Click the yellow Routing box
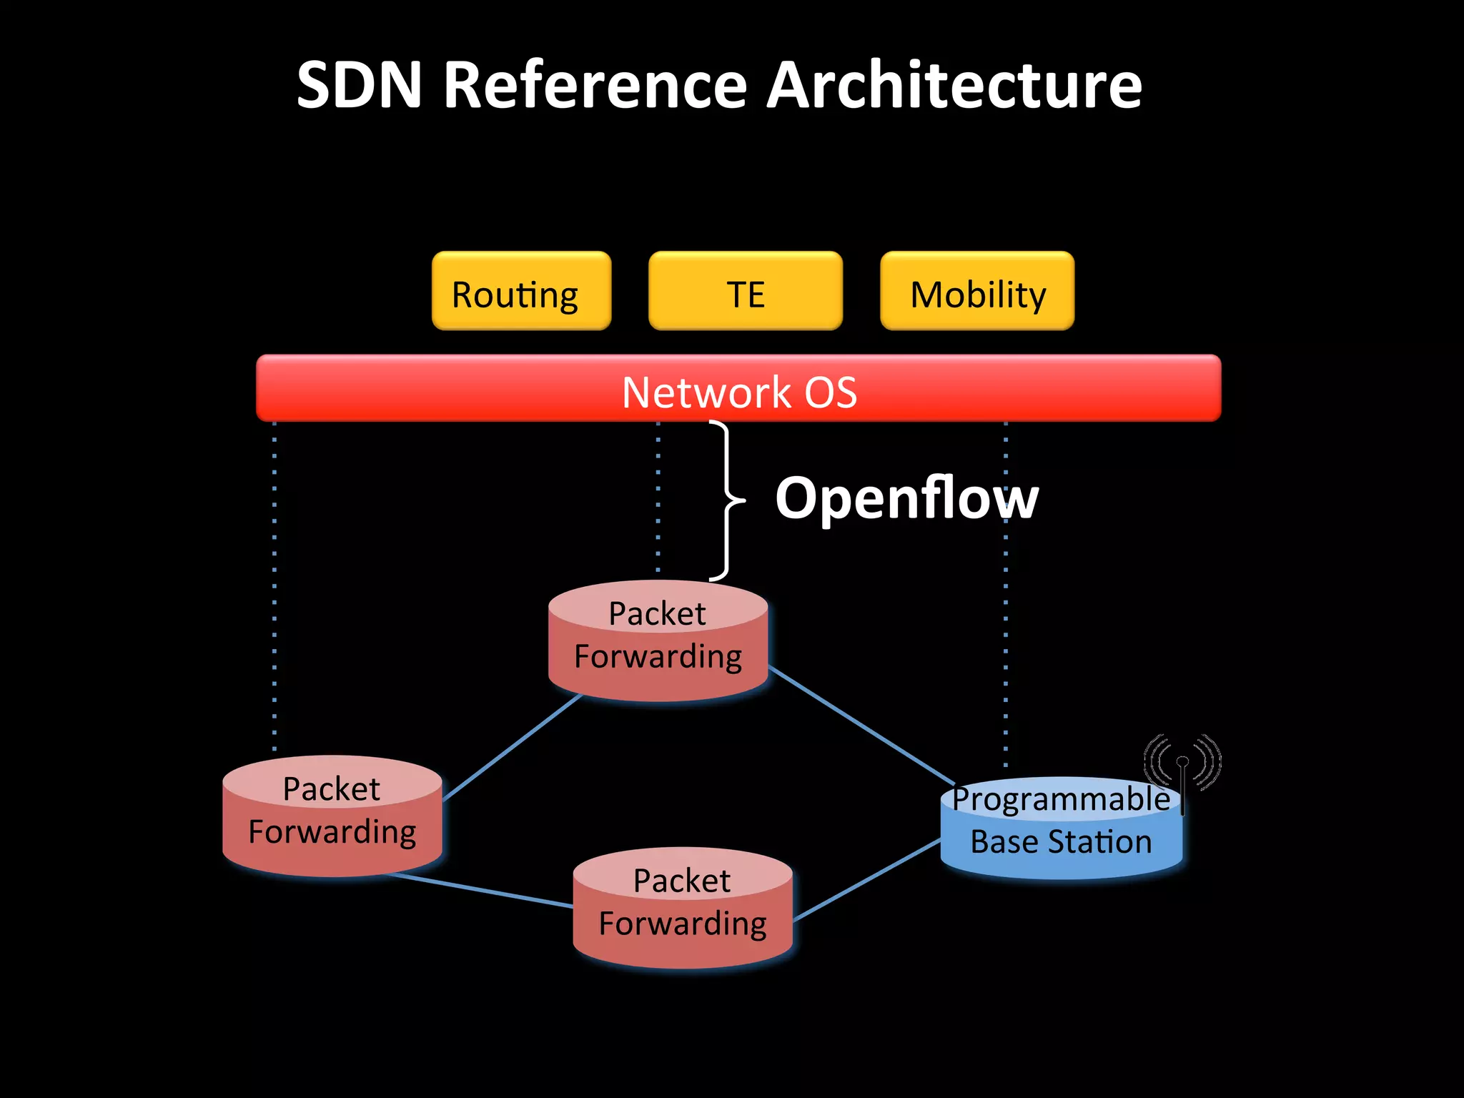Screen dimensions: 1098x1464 521,291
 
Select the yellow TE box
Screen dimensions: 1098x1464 745,291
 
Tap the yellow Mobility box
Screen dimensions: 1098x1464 976,291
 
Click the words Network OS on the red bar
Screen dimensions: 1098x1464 738,392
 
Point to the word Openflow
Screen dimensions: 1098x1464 906,498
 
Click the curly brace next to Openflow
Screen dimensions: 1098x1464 727,500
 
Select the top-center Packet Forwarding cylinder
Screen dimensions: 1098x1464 658,640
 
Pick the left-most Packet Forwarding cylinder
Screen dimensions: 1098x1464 332,816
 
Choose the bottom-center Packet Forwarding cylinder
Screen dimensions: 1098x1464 682,907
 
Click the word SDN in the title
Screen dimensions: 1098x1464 360,85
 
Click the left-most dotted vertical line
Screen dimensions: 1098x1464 274,586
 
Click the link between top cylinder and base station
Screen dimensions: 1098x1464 861,725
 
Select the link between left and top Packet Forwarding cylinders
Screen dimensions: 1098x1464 513,746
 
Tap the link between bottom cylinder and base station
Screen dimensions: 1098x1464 866,880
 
